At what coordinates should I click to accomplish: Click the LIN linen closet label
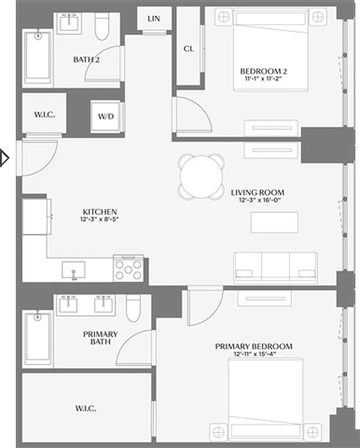click(153, 19)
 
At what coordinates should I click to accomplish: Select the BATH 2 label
click(86, 59)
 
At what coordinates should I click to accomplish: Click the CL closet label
click(189, 49)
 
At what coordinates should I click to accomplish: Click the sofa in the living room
click(275, 267)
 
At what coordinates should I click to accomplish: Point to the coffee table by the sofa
click(274, 222)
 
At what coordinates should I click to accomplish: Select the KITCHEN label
click(100, 212)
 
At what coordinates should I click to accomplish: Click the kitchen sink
click(74, 270)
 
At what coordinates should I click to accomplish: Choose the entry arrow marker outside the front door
click(5, 158)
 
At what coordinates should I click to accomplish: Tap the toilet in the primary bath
click(133, 308)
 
